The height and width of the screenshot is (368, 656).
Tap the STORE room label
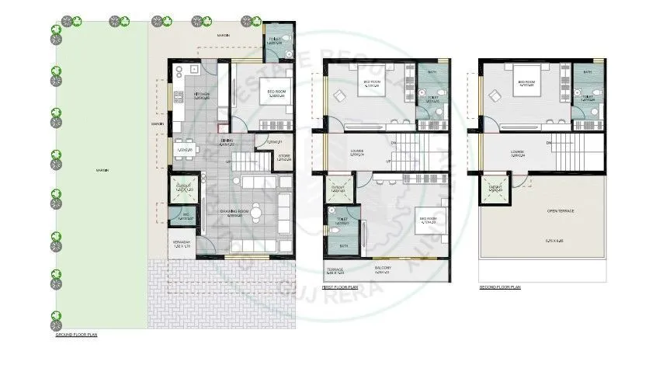tap(283, 157)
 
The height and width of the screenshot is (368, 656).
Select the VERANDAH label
tap(182, 243)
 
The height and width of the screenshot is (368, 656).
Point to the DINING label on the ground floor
tap(227, 142)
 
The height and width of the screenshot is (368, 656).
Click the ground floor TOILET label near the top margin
tap(275, 40)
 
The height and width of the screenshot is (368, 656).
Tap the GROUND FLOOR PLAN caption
tap(75, 335)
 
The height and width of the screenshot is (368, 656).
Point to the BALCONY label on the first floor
tap(383, 268)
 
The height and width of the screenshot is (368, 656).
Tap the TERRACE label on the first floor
tap(335, 269)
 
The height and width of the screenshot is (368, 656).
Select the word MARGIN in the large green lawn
tap(102, 170)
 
